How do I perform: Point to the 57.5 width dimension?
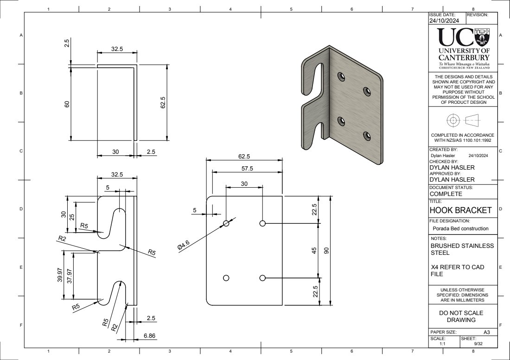coord(247,168)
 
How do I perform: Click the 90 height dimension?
coord(326,251)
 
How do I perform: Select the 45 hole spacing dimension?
coord(314,251)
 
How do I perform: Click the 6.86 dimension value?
coord(149,335)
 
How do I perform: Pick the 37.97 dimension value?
coord(70,275)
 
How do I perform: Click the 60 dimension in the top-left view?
coord(67,104)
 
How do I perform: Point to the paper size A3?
coord(486,332)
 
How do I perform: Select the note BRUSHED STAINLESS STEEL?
coord(462,250)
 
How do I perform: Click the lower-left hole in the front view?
coord(226,278)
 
